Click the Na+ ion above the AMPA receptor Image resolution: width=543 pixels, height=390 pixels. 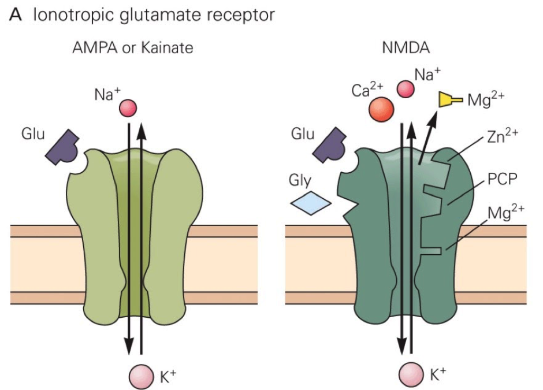127,107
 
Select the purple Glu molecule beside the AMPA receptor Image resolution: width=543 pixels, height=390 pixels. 64,146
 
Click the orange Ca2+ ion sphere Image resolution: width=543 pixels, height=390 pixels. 381,108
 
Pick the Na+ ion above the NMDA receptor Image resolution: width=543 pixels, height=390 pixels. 406,88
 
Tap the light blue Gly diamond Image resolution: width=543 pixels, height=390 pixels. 311,203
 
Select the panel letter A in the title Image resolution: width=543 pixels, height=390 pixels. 16,15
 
